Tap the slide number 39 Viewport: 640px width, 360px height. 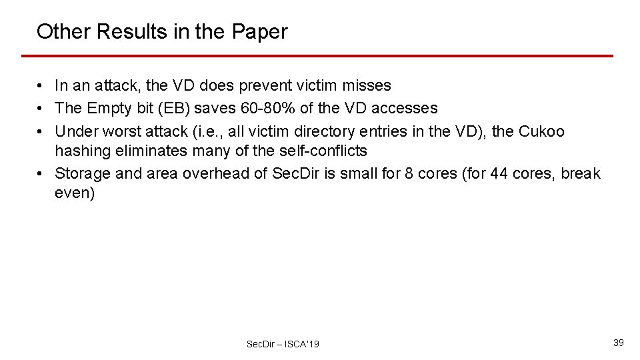click(x=618, y=342)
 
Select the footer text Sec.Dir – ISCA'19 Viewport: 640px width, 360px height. click(x=283, y=344)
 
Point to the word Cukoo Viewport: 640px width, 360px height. click(x=541, y=132)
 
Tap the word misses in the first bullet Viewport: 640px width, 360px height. click(x=371, y=86)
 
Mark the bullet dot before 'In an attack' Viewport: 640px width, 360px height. click(x=41, y=86)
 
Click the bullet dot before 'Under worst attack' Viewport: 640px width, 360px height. click(x=41, y=132)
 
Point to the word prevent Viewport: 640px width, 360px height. click(x=271, y=86)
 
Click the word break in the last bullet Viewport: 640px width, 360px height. click(x=581, y=174)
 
